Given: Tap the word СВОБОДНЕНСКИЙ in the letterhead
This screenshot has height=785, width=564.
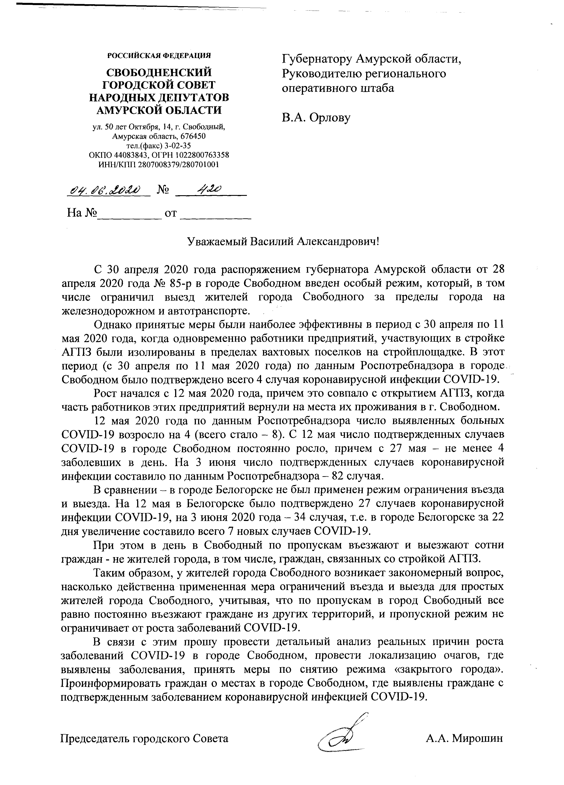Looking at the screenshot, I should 159,73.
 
